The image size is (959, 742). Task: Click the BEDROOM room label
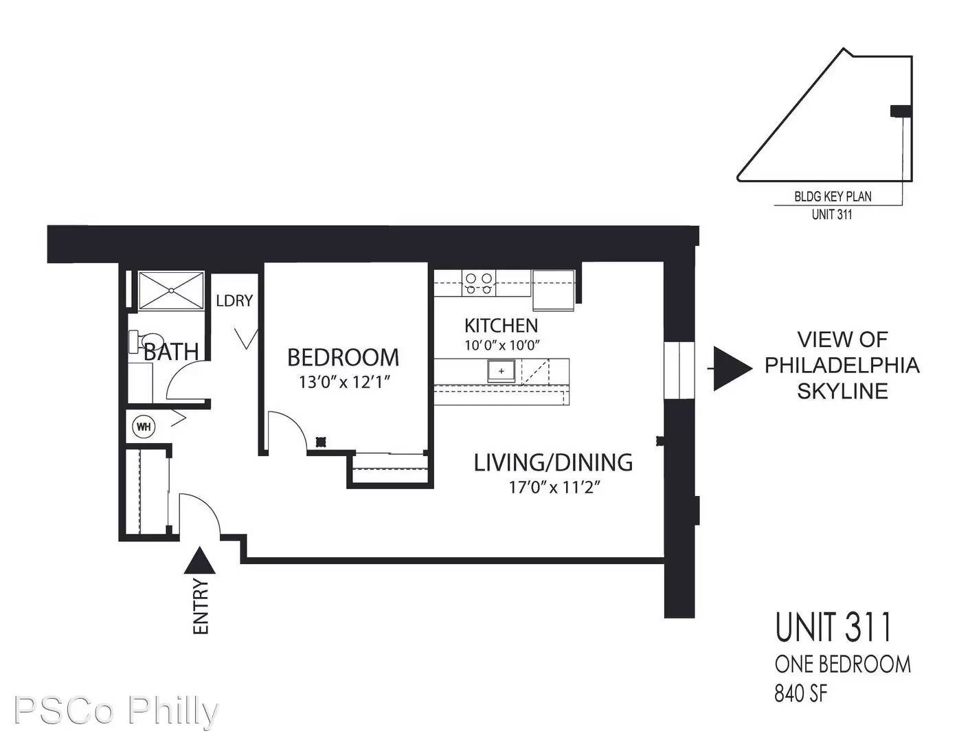point(343,357)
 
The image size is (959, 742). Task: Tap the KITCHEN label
point(501,326)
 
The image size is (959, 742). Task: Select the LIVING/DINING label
point(554,462)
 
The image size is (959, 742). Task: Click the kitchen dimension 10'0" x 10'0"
point(501,345)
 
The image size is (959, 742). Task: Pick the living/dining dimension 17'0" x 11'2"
point(554,487)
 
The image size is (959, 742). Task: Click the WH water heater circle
point(144,427)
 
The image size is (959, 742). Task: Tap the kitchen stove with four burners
point(479,283)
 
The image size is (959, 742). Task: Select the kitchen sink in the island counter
point(501,371)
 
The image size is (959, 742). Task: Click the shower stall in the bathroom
point(171,291)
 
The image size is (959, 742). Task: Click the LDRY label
point(234,301)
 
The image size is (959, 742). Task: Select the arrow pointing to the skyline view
point(730,368)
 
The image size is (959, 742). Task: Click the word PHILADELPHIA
point(842,366)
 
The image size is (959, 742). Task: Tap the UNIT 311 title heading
point(833,627)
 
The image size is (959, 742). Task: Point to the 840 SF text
point(801,695)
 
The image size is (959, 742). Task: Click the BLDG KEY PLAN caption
point(833,196)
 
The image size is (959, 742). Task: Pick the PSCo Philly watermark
point(116,710)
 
